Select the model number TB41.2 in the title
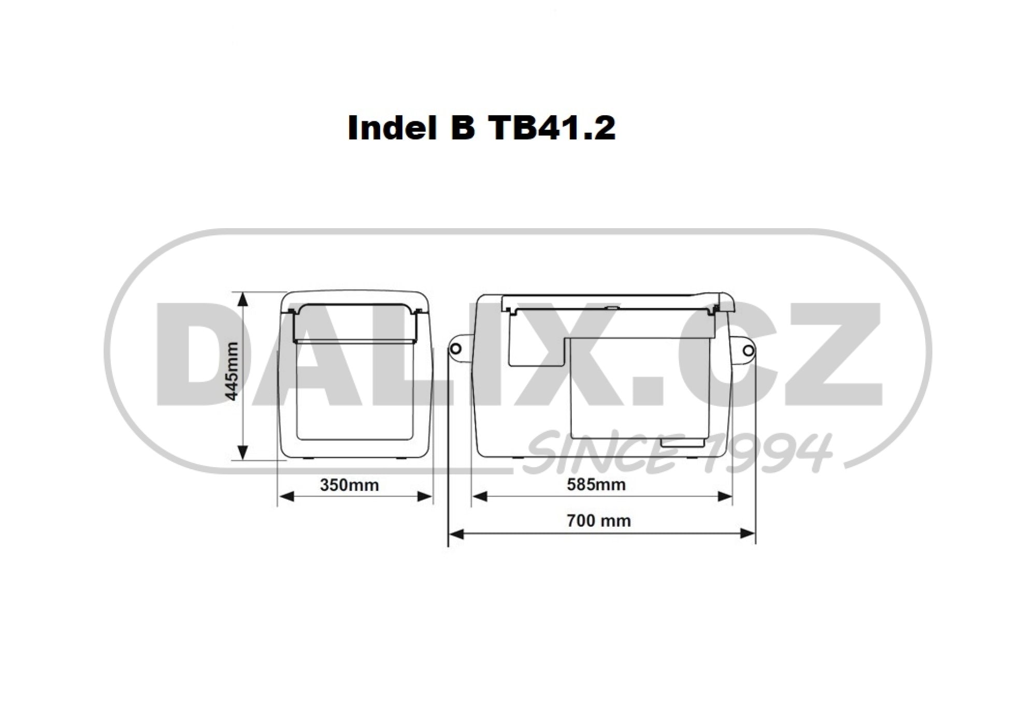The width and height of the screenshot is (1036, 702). [x=552, y=128]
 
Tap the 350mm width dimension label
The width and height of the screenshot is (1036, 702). [x=350, y=485]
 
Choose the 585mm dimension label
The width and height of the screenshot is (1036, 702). [x=596, y=485]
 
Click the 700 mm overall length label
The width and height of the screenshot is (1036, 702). [x=599, y=521]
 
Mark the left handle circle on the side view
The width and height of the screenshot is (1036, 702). [x=455, y=349]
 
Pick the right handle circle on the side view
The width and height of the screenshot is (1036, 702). [x=748, y=351]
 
